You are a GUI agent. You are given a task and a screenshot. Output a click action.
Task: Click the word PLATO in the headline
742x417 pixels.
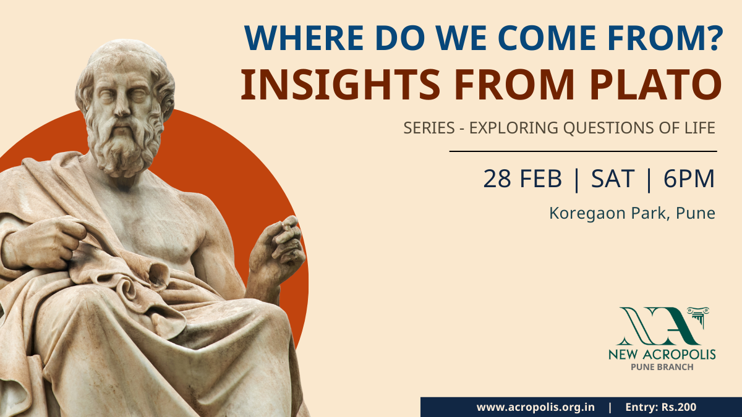(655, 85)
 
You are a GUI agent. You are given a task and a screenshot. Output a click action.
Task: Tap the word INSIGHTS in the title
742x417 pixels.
(341, 85)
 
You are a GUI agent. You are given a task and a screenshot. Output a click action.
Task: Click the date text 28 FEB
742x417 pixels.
(522, 179)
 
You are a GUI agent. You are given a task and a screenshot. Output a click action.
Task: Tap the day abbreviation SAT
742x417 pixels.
(613, 179)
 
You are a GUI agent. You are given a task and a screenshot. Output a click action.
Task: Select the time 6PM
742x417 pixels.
(689, 179)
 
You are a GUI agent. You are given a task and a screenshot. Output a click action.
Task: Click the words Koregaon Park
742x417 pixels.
(607, 214)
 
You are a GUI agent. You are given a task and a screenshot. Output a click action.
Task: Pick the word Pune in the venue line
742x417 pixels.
(695, 214)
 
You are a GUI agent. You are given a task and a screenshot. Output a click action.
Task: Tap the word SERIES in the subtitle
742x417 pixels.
(429, 128)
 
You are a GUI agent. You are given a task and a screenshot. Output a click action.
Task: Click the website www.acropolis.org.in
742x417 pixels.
(535, 407)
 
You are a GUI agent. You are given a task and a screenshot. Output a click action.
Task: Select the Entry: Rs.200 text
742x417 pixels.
(661, 407)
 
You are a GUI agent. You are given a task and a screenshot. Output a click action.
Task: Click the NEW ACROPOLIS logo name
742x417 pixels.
(662, 355)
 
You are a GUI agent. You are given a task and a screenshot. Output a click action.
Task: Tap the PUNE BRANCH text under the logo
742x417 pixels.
(662, 367)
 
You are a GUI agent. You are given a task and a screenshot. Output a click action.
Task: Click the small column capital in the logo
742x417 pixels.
(698, 315)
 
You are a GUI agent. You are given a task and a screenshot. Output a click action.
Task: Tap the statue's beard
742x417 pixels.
(123, 146)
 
